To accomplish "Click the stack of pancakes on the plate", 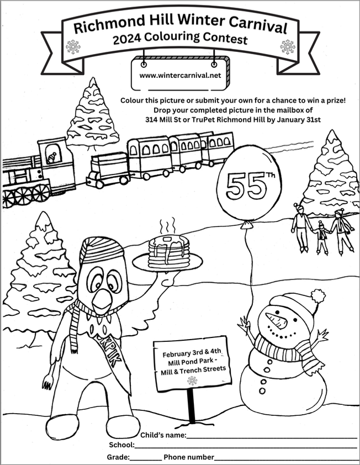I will (168, 251).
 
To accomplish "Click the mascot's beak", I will (103, 302).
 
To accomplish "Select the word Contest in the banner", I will (223, 39).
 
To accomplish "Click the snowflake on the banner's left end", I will (73, 47).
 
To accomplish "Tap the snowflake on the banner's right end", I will (287, 46).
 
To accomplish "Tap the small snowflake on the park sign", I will (192, 381).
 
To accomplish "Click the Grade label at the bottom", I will (118, 457).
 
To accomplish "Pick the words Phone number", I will (188, 457).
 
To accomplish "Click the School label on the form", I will (121, 445).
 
